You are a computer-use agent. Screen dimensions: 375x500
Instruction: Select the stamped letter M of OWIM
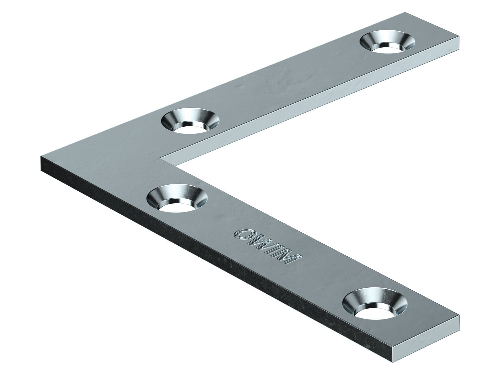pos(292,259)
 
